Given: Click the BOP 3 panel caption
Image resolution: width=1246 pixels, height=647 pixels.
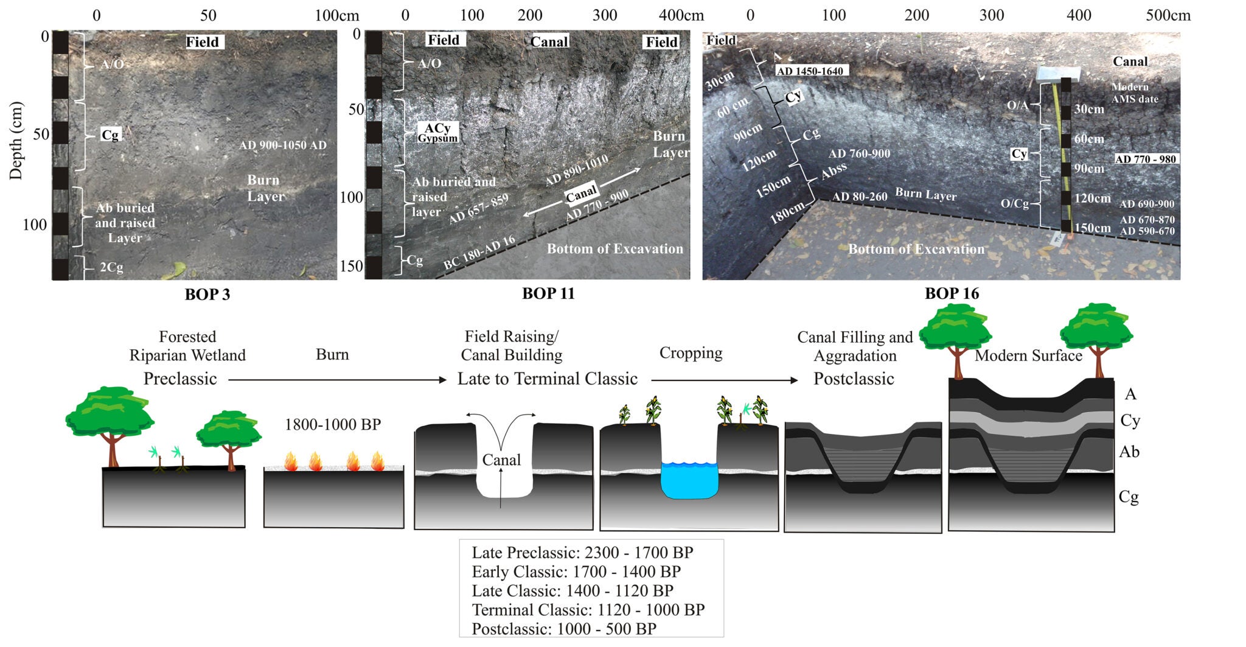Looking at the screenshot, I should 207,295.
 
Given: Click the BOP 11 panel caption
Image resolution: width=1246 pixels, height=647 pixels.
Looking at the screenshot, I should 548,293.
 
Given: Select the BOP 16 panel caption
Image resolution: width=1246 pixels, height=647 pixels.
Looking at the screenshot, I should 952,293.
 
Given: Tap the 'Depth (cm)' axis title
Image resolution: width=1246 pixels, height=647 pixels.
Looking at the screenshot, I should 16,141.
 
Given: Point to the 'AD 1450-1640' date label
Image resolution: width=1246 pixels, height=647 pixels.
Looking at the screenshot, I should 810,71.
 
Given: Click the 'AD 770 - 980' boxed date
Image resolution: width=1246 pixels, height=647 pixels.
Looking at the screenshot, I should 1146,159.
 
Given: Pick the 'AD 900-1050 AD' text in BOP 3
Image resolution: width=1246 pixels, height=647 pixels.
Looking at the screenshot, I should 282,145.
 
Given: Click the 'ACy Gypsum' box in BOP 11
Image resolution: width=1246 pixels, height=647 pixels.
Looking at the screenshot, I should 437,132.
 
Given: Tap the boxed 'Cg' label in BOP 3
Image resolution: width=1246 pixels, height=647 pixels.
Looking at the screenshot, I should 110,135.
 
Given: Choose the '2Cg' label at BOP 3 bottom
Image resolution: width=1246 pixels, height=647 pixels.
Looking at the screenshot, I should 111,267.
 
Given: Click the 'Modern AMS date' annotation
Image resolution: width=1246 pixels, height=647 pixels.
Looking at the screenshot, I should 1134,93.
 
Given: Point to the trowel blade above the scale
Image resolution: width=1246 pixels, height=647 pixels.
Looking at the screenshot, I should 1057,74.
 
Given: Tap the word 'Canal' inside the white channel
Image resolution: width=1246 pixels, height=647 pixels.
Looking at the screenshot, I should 501,460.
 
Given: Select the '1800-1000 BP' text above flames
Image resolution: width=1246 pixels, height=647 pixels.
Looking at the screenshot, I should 333,424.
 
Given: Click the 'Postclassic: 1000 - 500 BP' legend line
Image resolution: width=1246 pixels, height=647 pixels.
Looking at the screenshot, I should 563,629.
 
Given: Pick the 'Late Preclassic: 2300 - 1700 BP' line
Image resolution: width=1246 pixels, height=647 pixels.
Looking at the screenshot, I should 582,553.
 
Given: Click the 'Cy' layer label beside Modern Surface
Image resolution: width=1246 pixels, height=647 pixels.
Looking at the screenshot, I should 1130,421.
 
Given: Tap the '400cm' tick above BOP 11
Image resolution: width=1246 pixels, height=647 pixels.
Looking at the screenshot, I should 681,15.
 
